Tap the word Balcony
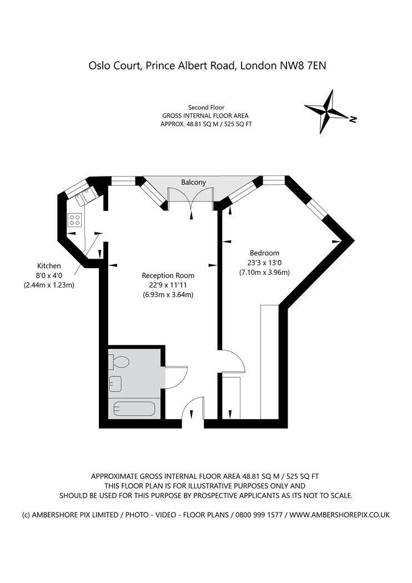193,182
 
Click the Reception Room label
168,275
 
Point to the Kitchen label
48,265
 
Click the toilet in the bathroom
119,362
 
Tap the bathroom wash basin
115,383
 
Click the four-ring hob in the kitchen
75,219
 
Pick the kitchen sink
87,195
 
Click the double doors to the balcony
190,199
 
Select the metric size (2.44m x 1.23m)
49,285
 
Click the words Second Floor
205,107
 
